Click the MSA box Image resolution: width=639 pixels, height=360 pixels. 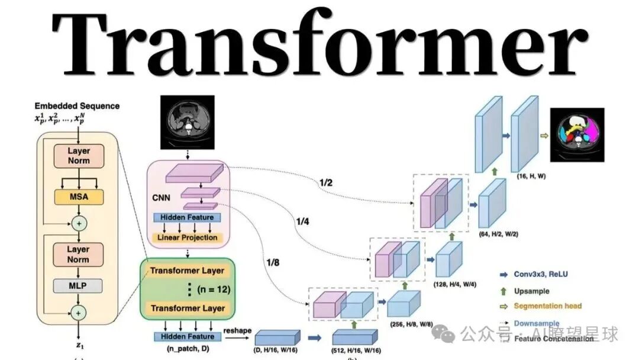tap(78, 195)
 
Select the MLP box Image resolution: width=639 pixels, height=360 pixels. tap(78, 286)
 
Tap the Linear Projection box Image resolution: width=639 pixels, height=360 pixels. tap(187, 237)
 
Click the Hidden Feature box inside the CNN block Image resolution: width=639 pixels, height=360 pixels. tap(187, 217)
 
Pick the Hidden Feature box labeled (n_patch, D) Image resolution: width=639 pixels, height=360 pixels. tap(187, 336)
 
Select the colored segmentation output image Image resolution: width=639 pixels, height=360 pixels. tap(576, 134)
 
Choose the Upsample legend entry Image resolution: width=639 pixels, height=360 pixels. tap(531, 291)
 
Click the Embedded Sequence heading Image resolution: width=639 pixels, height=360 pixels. tap(77, 106)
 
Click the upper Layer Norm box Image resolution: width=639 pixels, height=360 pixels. tap(78, 155)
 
